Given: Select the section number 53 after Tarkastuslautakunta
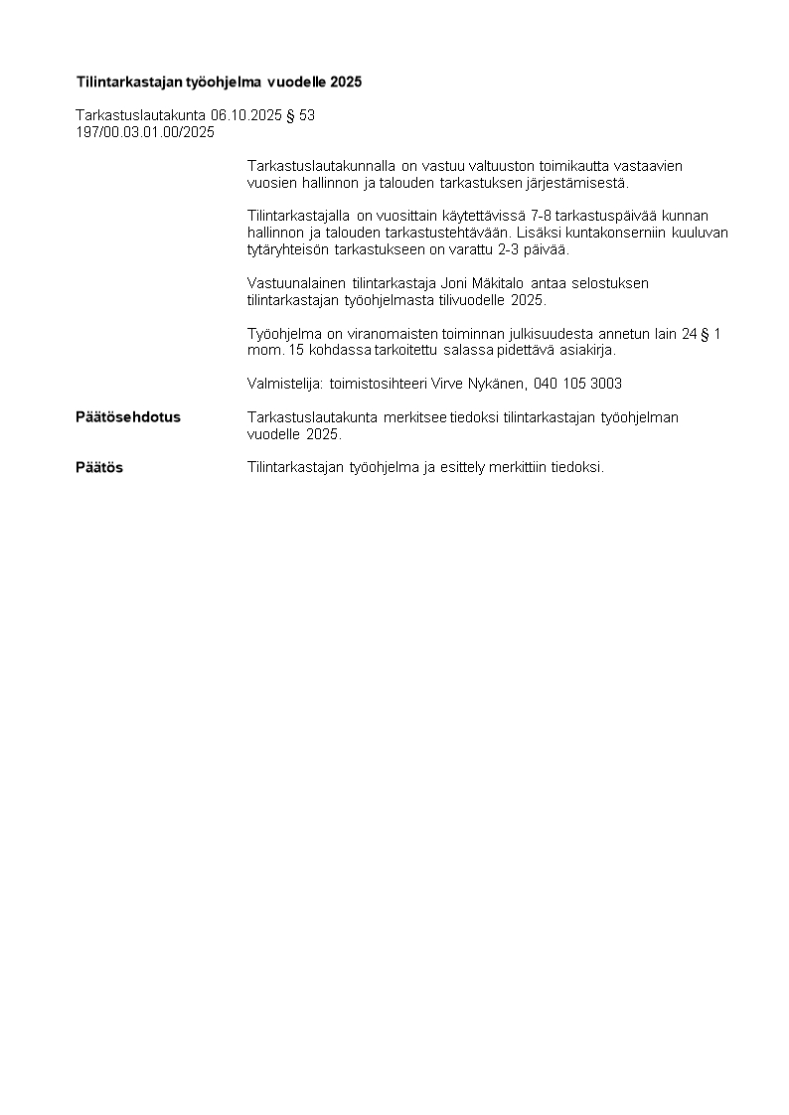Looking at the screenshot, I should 307,115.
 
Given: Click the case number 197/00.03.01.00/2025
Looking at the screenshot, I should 145,132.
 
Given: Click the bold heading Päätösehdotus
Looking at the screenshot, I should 128,417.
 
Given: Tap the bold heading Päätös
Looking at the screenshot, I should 99,467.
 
